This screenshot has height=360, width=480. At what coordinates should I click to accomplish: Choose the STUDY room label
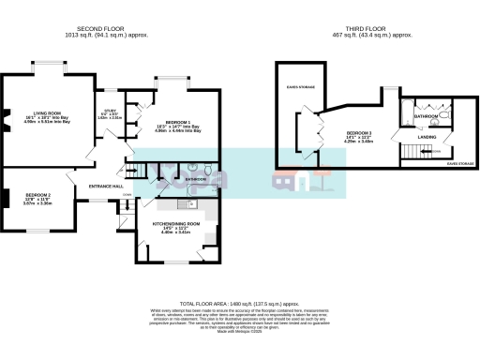point(110,111)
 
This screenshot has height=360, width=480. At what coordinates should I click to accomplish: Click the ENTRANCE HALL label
point(106,187)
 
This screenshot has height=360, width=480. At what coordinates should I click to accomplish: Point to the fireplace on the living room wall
point(4,116)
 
